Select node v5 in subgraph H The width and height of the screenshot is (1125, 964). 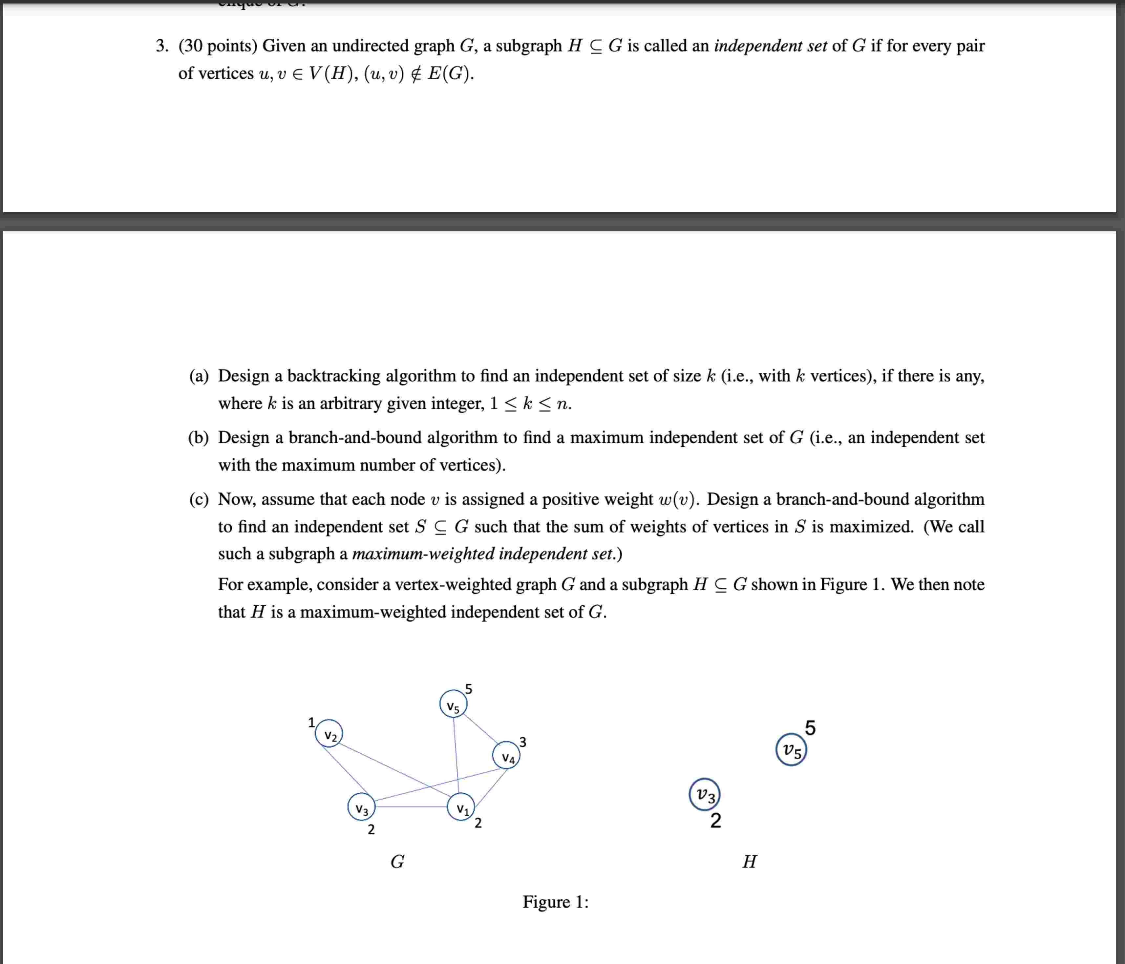click(x=791, y=750)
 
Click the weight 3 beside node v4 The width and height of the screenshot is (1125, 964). click(x=522, y=742)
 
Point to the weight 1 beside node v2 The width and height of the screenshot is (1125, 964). click(x=311, y=722)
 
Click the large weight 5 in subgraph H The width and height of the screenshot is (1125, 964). click(x=810, y=727)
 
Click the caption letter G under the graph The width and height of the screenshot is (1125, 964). click(x=397, y=861)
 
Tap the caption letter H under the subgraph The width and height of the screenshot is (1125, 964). click(x=749, y=861)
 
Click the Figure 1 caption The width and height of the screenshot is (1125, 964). click(x=555, y=902)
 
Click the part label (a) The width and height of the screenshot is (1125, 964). click(x=199, y=376)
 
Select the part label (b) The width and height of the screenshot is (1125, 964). click(x=199, y=437)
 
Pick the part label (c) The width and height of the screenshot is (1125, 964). click(x=199, y=499)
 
